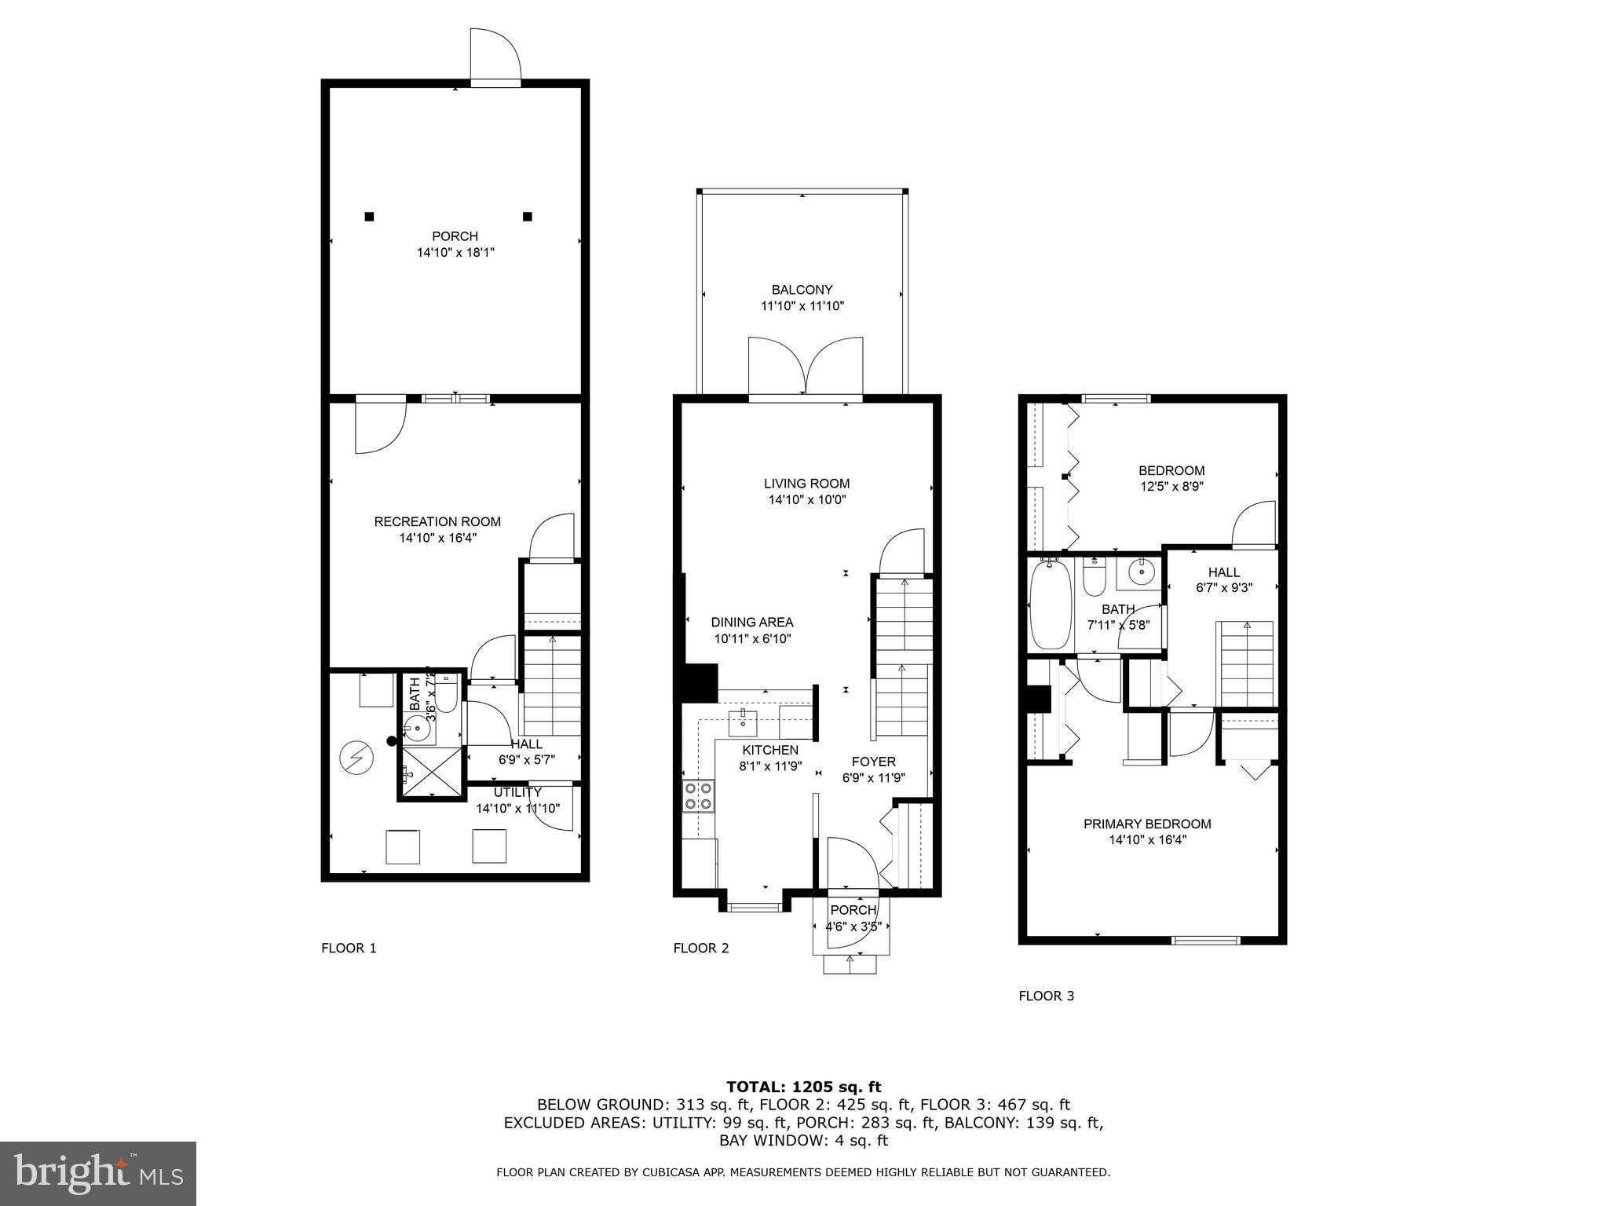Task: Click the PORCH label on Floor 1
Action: click(455, 236)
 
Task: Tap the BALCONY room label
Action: click(802, 290)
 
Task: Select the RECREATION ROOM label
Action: click(437, 521)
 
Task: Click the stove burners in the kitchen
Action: click(699, 795)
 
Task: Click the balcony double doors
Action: click(806, 368)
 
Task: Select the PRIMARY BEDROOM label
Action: click(1147, 824)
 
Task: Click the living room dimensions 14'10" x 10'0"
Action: click(806, 500)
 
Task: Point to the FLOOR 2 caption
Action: click(700, 948)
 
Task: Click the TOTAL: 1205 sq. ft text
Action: click(803, 1087)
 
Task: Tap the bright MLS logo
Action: click(98, 1173)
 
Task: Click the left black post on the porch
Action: click(369, 217)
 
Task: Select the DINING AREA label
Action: click(752, 622)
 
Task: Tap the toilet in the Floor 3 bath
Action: click(1094, 578)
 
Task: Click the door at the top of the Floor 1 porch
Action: click(495, 55)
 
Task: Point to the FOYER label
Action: click(873, 762)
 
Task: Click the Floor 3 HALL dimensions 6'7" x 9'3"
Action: click(1223, 587)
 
